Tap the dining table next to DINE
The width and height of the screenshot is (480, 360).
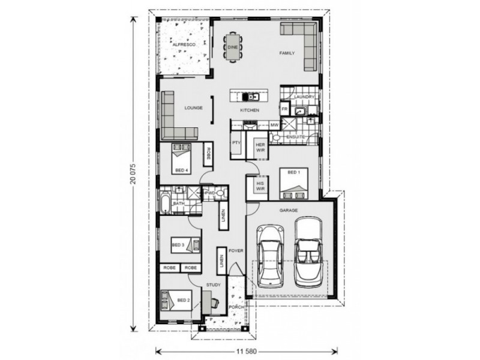(x=232, y=46)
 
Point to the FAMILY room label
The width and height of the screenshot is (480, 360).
(x=287, y=54)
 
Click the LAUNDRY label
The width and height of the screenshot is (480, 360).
(x=304, y=97)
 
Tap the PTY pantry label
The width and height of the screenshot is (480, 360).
(x=236, y=143)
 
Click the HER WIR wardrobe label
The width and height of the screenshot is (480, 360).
(x=260, y=146)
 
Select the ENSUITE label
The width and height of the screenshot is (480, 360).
(x=297, y=138)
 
